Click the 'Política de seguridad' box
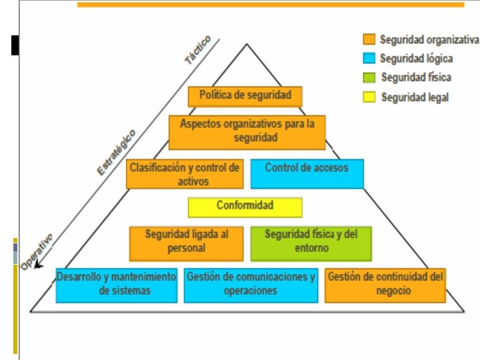click(245, 96)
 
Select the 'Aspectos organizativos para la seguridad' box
click(247, 131)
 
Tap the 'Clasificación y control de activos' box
click(184, 173)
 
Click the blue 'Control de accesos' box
click(307, 173)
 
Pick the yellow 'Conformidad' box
click(245, 207)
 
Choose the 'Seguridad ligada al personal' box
click(186, 242)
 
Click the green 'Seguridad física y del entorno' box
click(311, 242)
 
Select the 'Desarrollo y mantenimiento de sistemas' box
click(117, 284)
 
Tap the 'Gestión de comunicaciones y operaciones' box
click(250, 284)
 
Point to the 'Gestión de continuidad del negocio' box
click(385, 284)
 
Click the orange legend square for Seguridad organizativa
click(369, 39)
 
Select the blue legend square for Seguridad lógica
click(369, 59)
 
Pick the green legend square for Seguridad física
click(369, 77)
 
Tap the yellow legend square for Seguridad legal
click(369, 97)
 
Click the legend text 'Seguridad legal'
click(415, 97)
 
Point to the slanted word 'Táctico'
click(198, 49)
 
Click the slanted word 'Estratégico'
click(117, 152)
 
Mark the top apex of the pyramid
click(247, 45)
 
